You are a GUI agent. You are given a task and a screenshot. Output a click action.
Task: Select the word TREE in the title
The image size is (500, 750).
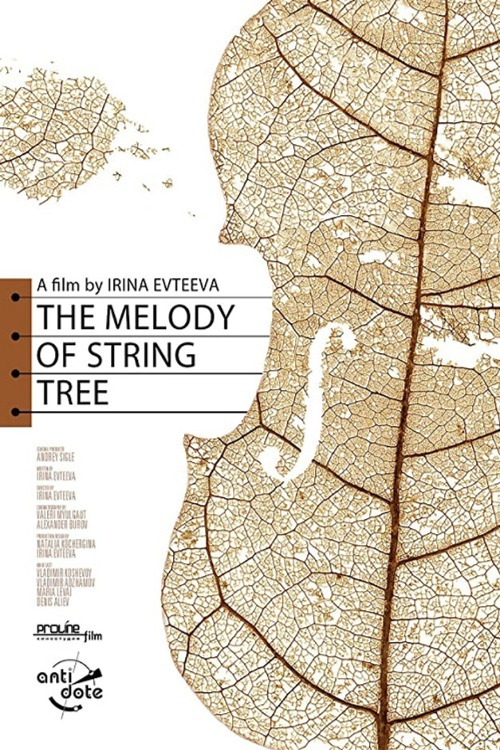click(x=72, y=393)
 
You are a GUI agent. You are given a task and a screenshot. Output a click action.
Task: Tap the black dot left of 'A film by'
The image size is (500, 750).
click(x=15, y=297)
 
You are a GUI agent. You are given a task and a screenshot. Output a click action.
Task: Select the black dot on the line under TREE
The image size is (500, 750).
click(x=15, y=412)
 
